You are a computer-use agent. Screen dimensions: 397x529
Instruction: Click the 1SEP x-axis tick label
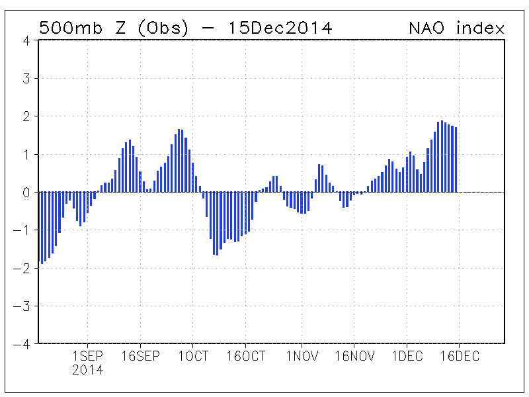coord(88,356)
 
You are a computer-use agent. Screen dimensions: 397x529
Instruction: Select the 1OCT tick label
coord(193,356)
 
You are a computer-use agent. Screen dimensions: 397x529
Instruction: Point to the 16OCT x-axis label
coord(246,356)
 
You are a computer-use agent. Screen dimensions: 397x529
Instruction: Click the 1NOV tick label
coord(302,356)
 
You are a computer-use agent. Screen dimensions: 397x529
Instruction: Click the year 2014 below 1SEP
coord(88,371)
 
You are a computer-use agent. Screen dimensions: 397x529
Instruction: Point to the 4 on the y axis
coord(26,40)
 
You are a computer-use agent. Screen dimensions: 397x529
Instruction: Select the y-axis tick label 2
coord(26,116)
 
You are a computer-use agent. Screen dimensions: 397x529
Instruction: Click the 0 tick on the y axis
coord(26,193)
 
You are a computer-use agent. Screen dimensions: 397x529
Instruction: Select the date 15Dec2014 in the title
coord(280,28)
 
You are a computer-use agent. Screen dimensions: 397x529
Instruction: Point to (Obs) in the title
coord(168,28)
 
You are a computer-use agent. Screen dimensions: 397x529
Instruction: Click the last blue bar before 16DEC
coord(456,159)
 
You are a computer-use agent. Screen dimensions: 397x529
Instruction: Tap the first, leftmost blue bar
coord(42,228)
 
